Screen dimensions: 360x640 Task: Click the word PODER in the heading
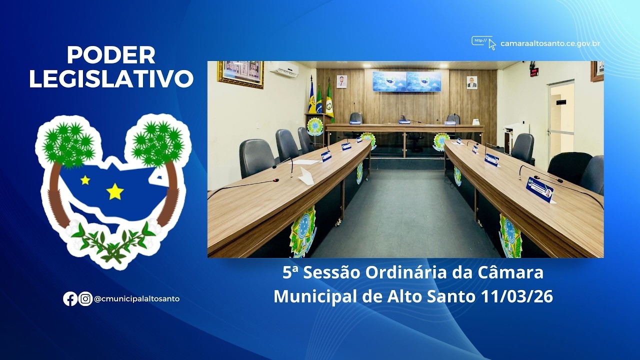(111, 55)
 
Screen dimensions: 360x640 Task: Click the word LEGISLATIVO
(111, 79)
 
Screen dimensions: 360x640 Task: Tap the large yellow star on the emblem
(115, 191)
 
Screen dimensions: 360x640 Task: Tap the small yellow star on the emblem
(85, 180)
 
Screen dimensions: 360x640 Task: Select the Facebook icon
(70, 299)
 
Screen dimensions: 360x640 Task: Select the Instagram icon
(85, 299)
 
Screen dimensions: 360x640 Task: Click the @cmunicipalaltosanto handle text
(136, 299)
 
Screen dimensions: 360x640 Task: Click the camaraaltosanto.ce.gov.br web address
(550, 43)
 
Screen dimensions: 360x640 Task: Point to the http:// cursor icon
(483, 42)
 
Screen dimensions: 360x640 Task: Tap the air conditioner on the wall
(284, 69)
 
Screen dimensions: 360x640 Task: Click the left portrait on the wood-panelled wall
(341, 81)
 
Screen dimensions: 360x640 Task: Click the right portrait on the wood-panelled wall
(471, 82)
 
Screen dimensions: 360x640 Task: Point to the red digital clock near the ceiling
(534, 71)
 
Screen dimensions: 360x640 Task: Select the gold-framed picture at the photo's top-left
(240, 73)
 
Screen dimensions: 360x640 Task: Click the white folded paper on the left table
(306, 176)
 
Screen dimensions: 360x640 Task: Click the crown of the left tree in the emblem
(69, 143)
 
